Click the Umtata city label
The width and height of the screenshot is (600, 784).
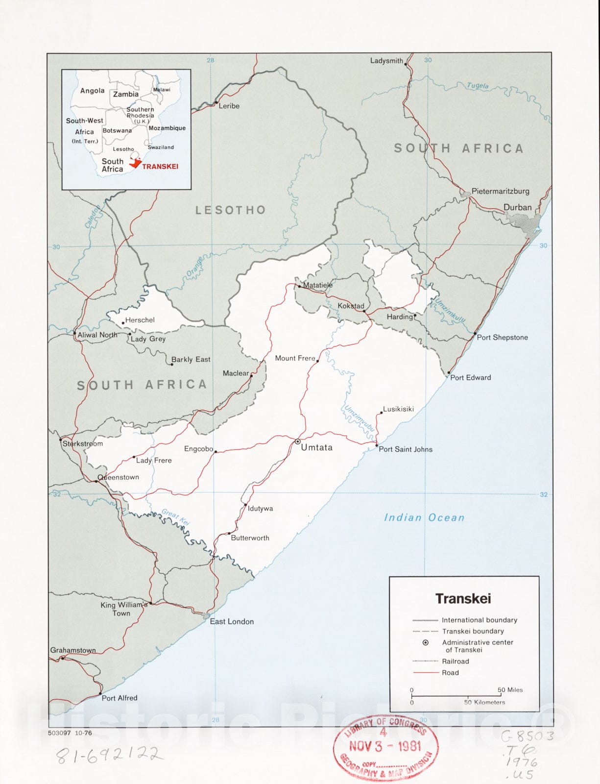pyautogui.click(x=316, y=447)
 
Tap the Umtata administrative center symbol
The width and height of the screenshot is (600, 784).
pyautogui.click(x=297, y=441)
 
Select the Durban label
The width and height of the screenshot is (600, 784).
pyautogui.click(x=517, y=207)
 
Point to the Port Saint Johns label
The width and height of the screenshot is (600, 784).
pyautogui.click(x=406, y=449)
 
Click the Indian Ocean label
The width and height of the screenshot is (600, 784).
pyautogui.click(x=424, y=517)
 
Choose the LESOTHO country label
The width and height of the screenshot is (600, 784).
pyautogui.click(x=231, y=210)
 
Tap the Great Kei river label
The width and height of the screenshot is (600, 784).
pyautogui.click(x=175, y=517)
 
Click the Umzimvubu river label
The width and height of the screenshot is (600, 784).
pyautogui.click(x=359, y=418)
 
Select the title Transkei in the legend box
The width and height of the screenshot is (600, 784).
pyautogui.click(x=463, y=598)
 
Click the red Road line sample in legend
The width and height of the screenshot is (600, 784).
pyautogui.click(x=425, y=673)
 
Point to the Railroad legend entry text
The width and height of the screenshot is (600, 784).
pyautogui.click(x=455, y=661)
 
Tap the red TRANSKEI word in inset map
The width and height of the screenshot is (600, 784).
pyautogui.click(x=160, y=167)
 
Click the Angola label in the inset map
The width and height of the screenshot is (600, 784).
pyautogui.click(x=92, y=91)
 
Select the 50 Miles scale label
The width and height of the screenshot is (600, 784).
pyautogui.click(x=510, y=689)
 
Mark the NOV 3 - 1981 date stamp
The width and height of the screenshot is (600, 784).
pyautogui.click(x=385, y=746)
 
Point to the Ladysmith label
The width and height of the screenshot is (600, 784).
pyautogui.click(x=386, y=61)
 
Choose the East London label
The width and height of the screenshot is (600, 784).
pyautogui.click(x=232, y=621)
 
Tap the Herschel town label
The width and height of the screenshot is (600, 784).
pyautogui.click(x=140, y=320)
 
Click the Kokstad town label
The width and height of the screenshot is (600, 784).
pyautogui.click(x=351, y=306)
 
